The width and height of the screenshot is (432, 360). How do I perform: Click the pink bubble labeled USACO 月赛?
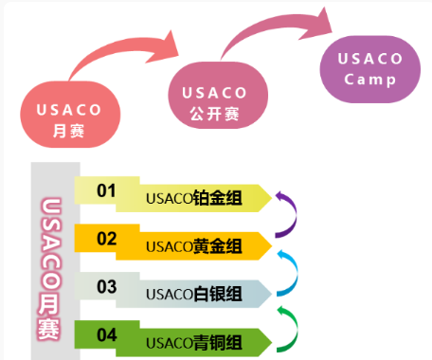coord(63,118)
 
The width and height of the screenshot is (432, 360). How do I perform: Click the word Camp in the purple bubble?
coord(369,79)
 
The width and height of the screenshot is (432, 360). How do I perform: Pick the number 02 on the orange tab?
coord(106,238)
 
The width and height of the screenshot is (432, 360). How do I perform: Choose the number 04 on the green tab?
coord(106,333)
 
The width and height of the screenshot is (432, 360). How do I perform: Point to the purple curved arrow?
coord(288,212)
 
